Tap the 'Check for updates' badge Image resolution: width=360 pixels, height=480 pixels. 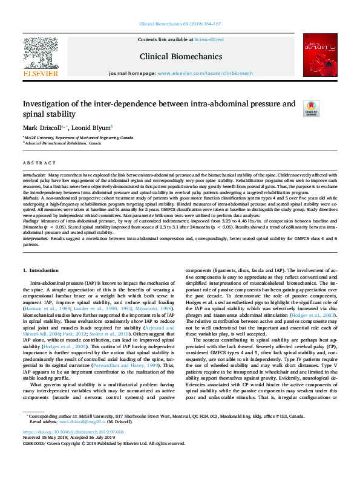(x=310, y=108)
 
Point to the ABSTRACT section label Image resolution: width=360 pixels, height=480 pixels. (x=36, y=163)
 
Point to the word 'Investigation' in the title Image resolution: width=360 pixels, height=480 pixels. (x=47, y=103)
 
